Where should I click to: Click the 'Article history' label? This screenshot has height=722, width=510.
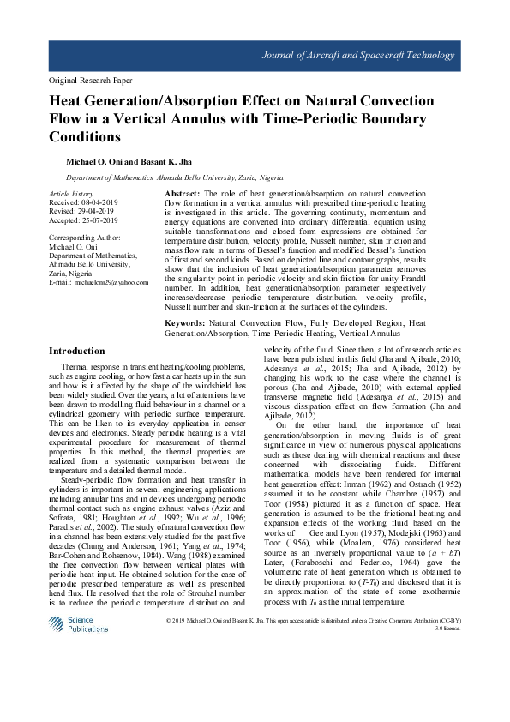click(69, 196)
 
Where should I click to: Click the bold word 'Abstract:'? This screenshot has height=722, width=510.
click(182, 196)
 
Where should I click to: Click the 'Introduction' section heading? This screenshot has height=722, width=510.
click(77, 351)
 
